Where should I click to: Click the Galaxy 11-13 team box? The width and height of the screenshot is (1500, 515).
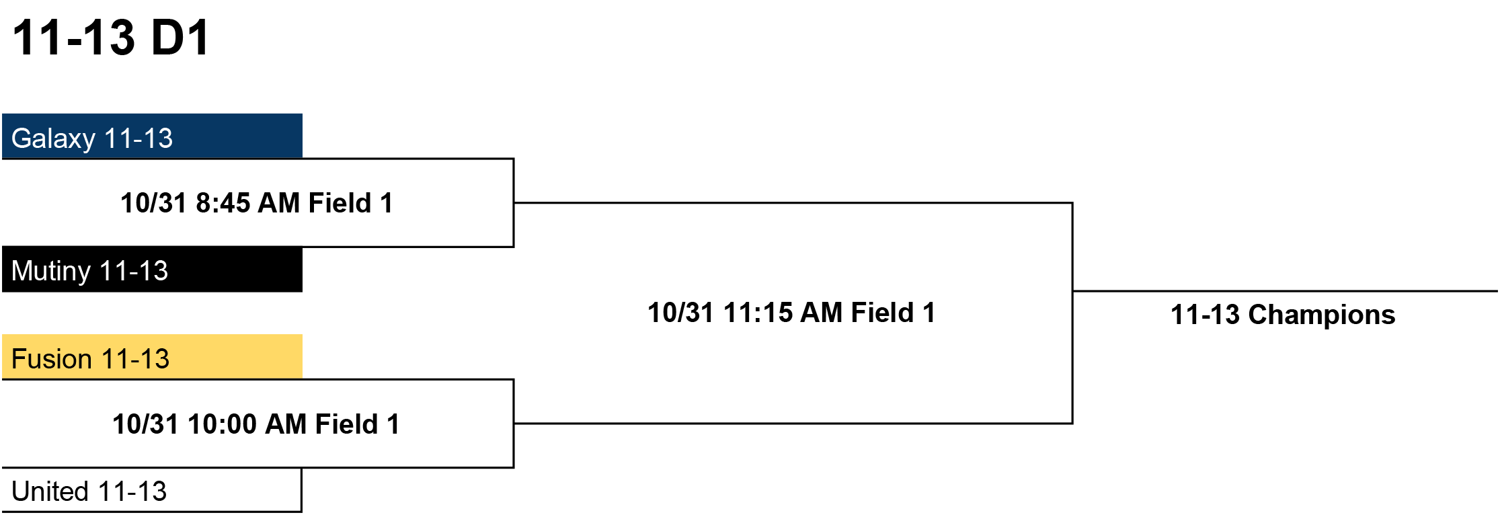coord(152,136)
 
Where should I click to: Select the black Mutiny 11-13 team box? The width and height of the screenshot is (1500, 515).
coord(152,269)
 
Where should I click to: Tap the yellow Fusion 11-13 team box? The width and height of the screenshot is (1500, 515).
coord(152,357)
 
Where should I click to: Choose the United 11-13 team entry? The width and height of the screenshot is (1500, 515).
coord(152,490)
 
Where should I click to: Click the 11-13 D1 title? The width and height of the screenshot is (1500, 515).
coord(111,38)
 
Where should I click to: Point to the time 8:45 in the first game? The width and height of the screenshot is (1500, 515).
coord(223,203)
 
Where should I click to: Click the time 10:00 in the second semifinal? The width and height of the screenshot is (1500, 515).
coord(222,424)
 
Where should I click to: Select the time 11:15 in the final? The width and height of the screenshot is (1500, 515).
coord(757,313)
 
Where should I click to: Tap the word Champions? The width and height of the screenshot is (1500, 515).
coord(1322,315)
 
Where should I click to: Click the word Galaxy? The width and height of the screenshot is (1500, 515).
coord(54,139)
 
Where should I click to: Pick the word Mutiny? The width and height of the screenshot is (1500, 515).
coord(51,272)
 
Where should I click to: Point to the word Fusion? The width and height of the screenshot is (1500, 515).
coord(52,359)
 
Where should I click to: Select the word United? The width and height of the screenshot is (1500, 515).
coord(50,491)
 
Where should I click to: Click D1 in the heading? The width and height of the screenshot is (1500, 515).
coord(180,38)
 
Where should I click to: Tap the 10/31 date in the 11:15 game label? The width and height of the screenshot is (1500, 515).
coord(680,313)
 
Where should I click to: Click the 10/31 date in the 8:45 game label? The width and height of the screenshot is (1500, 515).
coord(153,203)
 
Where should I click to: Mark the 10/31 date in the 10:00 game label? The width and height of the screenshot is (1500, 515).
coord(145,424)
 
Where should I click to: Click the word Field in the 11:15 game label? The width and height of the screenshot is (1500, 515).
coord(882,313)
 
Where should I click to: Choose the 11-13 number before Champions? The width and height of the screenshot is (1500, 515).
coord(1205,315)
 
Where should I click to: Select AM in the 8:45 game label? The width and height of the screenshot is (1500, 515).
coord(278,203)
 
